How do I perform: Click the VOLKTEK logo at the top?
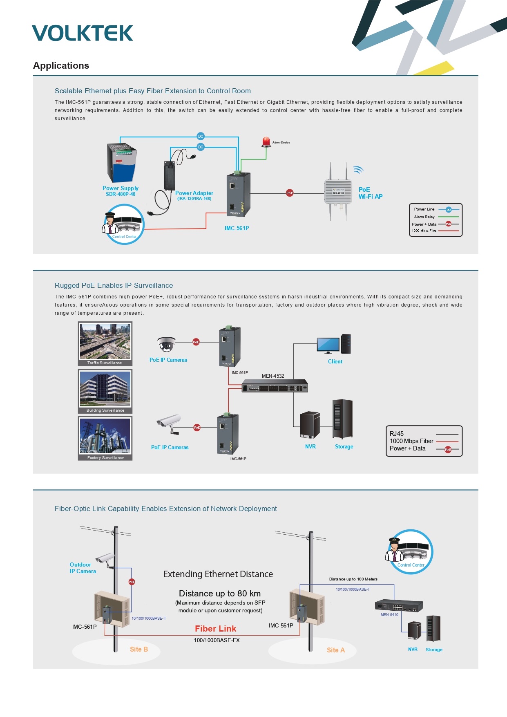83,33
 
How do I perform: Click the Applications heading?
61,65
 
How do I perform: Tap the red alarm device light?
266,142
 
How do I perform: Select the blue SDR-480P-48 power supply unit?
121,163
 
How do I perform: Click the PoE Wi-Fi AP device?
338,192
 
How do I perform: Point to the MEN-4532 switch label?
273,376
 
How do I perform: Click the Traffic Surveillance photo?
105,341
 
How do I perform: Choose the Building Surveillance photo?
105,389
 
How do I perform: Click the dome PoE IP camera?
166,344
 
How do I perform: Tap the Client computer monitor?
328,345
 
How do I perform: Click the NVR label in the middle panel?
310,446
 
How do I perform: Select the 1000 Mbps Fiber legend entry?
411,441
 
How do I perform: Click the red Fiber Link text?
215,629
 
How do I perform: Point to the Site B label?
138,649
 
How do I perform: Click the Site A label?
335,650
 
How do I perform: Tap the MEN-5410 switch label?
389,614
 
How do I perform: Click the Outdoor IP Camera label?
83,568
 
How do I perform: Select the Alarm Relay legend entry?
424,217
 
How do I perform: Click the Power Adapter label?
194,193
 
